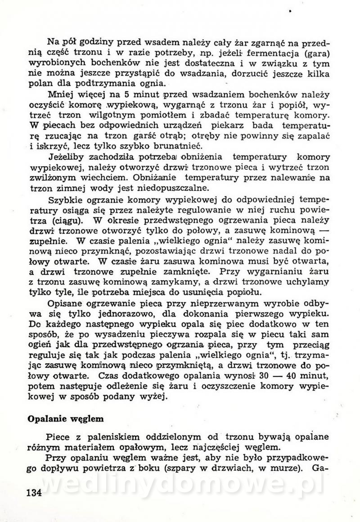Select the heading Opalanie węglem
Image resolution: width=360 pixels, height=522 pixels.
[x=66, y=418]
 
